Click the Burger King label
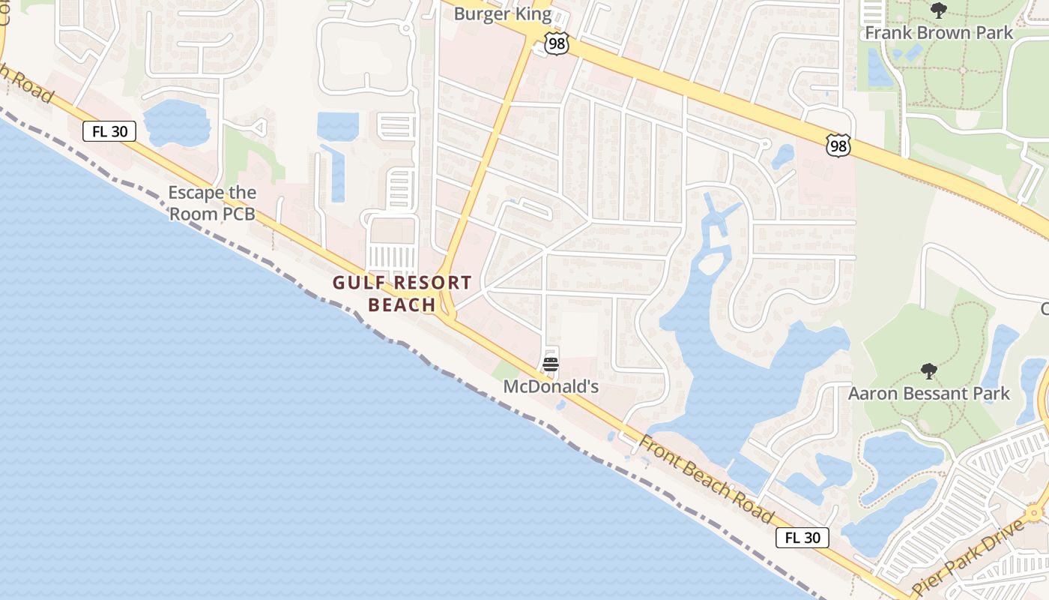(x=503, y=13)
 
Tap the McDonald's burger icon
(x=551, y=365)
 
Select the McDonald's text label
(x=551, y=387)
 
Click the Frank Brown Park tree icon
(x=938, y=10)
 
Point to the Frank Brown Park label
(x=939, y=33)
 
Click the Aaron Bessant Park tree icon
(x=929, y=371)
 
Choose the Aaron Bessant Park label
(x=929, y=394)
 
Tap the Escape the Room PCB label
(x=212, y=203)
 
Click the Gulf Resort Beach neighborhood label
(x=402, y=293)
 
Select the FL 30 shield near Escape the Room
(x=109, y=131)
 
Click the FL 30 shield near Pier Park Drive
(x=802, y=538)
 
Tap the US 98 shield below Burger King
(x=557, y=43)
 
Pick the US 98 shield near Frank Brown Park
(x=838, y=145)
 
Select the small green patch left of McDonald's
(x=506, y=370)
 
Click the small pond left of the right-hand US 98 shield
(x=783, y=156)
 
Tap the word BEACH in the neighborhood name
(x=402, y=304)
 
